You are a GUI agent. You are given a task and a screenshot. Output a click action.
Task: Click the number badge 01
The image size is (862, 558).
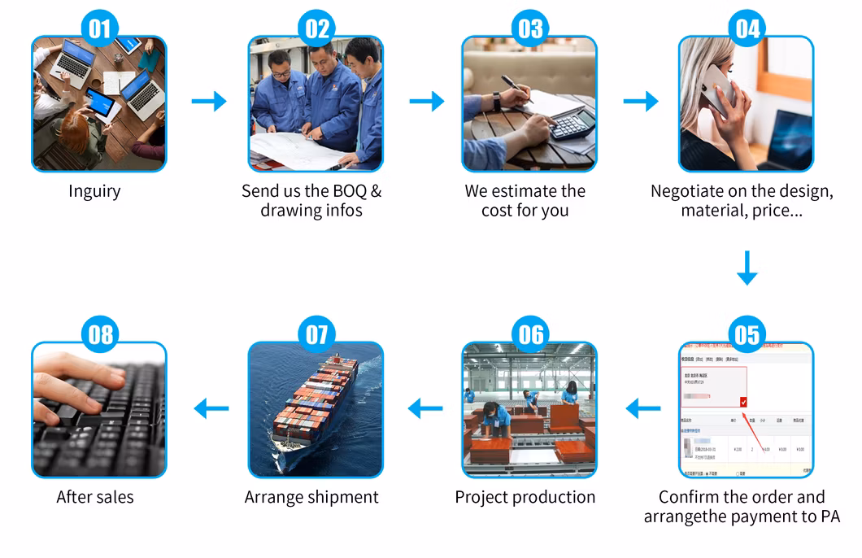[x=99, y=30]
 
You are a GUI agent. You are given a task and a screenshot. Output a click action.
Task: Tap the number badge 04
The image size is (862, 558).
[x=747, y=30]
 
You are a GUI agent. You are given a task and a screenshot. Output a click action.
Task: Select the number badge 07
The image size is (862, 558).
[x=316, y=335]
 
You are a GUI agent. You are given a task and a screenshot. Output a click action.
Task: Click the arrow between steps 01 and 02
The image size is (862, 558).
[x=209, y=101]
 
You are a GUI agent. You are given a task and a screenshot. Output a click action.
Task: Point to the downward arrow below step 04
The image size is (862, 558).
[x=747, y=268]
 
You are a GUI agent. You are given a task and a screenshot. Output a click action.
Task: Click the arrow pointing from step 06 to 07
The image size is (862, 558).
[x=425, y=408]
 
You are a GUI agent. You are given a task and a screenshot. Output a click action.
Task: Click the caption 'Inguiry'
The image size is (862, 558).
[x=94, y=191]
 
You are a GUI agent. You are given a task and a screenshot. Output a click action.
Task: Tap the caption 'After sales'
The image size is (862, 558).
[x=95, y=497]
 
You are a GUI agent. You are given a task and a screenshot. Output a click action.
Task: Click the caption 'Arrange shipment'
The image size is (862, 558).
[x=311, y=497]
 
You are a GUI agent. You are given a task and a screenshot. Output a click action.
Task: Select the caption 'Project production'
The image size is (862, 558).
[x=525, y=497]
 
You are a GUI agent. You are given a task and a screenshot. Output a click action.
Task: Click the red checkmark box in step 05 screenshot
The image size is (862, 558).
[x=743, y=402]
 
